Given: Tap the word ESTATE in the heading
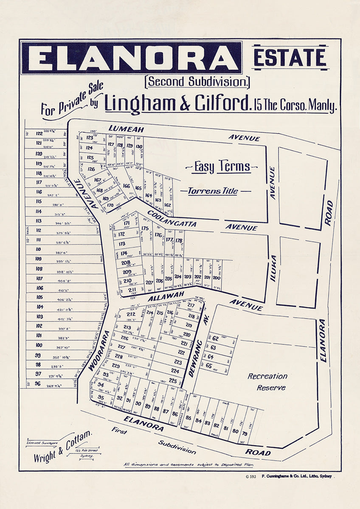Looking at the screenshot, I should [290, 57].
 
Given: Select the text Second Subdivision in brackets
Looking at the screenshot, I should [197, 81].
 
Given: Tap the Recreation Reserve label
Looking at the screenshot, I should [267, 382].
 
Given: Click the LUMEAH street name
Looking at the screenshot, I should [126, 129].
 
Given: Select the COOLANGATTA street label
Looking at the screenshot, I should [172, 218].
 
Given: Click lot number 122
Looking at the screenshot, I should [39, 133].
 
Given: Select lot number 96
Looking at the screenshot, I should [38, 383].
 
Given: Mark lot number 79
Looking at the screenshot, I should [245, 433].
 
